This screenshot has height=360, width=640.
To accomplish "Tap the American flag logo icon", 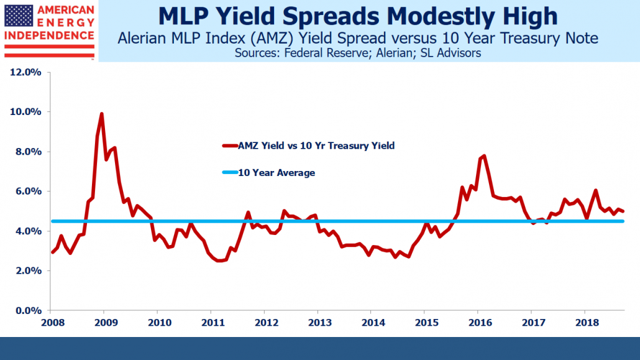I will point(19,19).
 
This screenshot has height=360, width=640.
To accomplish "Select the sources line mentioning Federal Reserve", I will point(358,53).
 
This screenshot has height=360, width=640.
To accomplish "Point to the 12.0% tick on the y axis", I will point(25,72).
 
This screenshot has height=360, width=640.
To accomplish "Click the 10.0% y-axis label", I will point(25,112).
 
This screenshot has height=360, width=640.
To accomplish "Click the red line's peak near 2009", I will point(102,114).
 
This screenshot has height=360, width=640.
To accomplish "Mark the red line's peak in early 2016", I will point(484,156).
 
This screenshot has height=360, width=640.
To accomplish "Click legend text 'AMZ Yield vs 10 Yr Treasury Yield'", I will point(317,145).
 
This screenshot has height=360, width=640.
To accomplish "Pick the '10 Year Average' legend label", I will point(277,173).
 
